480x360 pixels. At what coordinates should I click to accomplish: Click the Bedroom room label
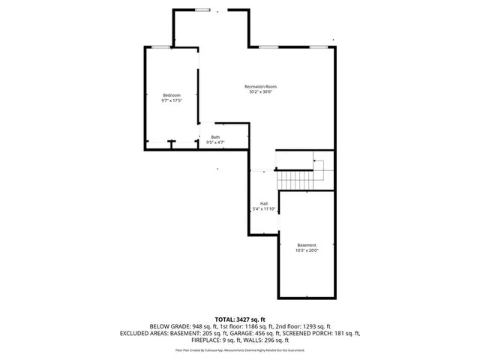click(172, 95)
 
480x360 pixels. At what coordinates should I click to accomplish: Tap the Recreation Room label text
click(261, 87)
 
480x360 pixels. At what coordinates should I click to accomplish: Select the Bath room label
click(215, 137)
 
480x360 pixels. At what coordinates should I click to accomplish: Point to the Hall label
click(264, 203)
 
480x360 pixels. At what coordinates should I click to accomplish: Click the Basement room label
click(307, 245)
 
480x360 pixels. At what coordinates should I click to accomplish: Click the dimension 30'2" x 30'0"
click(261, 92)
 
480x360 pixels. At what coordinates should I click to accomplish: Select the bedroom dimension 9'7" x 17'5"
click(172, 100)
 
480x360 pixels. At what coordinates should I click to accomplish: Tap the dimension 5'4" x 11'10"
click(264, 208)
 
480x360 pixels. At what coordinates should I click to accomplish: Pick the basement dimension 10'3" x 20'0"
click(307, 250)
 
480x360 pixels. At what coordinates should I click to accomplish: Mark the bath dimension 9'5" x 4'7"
click(215, 142)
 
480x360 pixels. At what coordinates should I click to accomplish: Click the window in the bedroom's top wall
click(159, 47)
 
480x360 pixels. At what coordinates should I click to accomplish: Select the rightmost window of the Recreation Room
click(319, 47)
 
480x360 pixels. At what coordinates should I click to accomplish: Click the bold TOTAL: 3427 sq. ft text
click(240, 319)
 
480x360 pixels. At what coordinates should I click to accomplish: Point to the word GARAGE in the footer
click(274, 333)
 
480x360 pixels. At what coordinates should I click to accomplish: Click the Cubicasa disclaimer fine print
click(240, 350)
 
